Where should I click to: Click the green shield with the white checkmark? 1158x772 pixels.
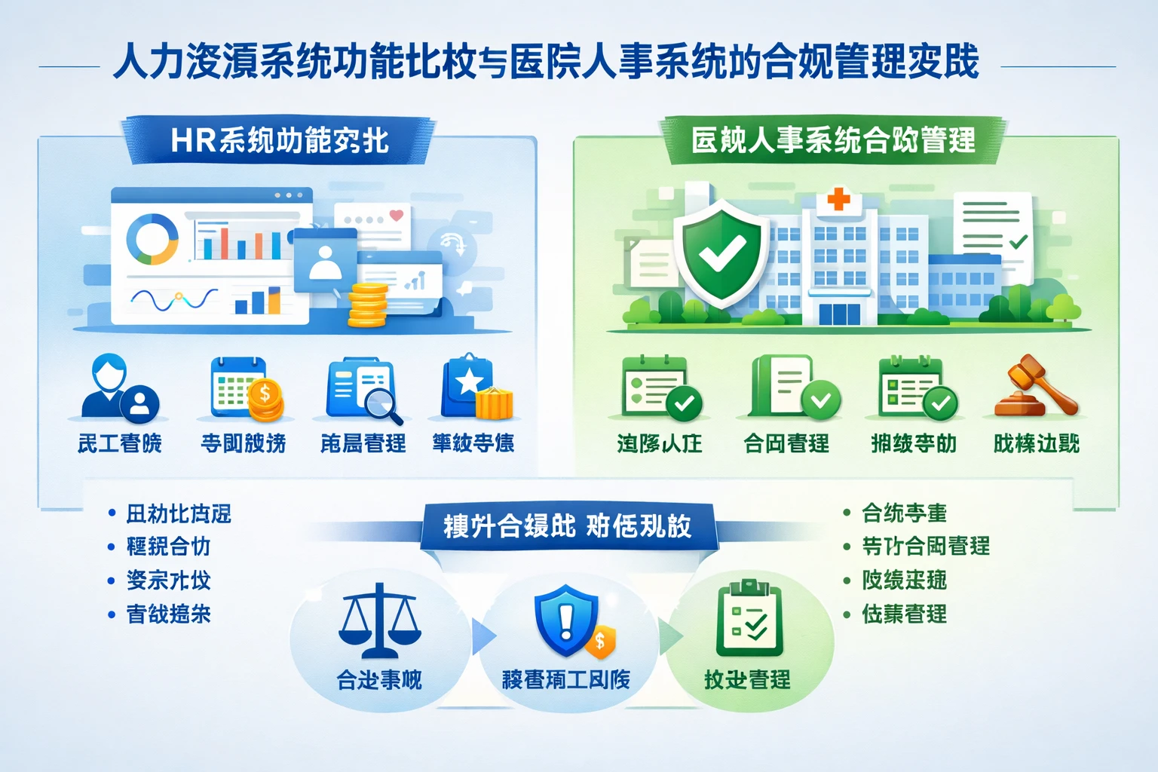[721, 253]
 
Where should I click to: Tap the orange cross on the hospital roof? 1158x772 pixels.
[838, 200]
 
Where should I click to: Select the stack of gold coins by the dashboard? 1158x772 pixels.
[368, 305]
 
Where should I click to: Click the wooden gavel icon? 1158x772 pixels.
[1036, 386]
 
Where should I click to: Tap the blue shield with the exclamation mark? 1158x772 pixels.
[566, 621]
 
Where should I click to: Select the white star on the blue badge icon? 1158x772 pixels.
[468, 381]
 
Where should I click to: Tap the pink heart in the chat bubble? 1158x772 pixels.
[396, 216]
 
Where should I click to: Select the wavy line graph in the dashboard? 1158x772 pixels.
[173, 299]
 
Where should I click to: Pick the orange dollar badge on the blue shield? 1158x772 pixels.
[600, 642]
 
